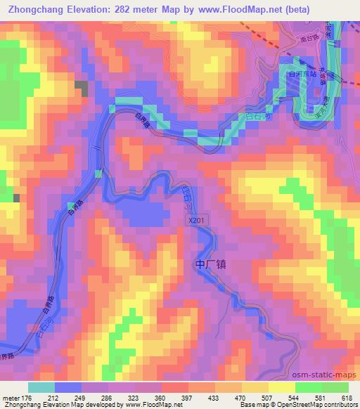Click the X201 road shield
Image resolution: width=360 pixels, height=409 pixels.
click(197, 221)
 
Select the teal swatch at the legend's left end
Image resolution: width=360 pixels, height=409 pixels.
click(41, 387)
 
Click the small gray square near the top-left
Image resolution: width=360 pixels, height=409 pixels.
click(81, 89)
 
